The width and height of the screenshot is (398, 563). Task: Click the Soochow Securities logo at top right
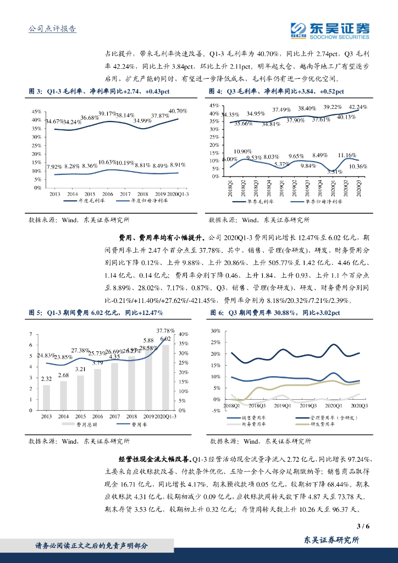329,30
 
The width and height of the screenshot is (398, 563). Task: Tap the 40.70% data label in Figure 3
178,111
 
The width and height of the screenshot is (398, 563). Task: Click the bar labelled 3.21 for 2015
81,393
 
